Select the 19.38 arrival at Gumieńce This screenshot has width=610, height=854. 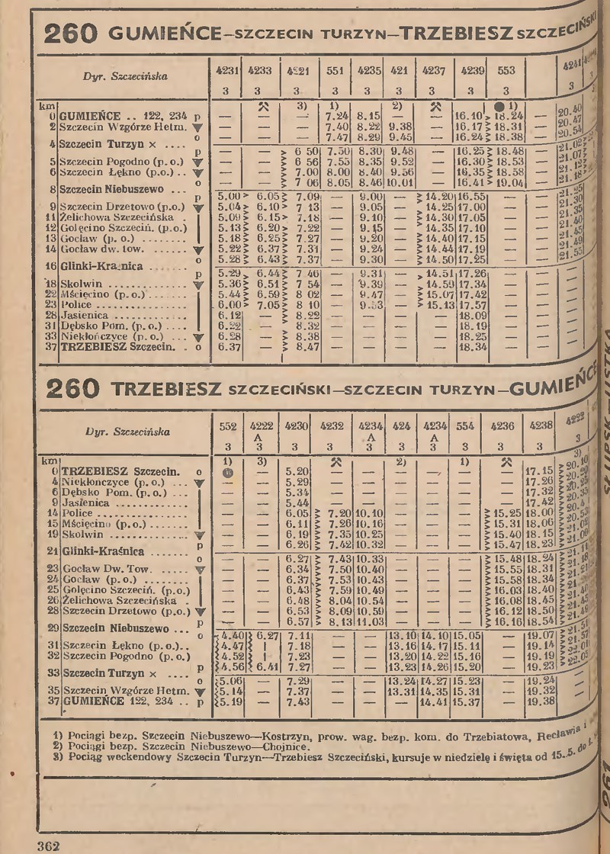click(540, 700)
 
